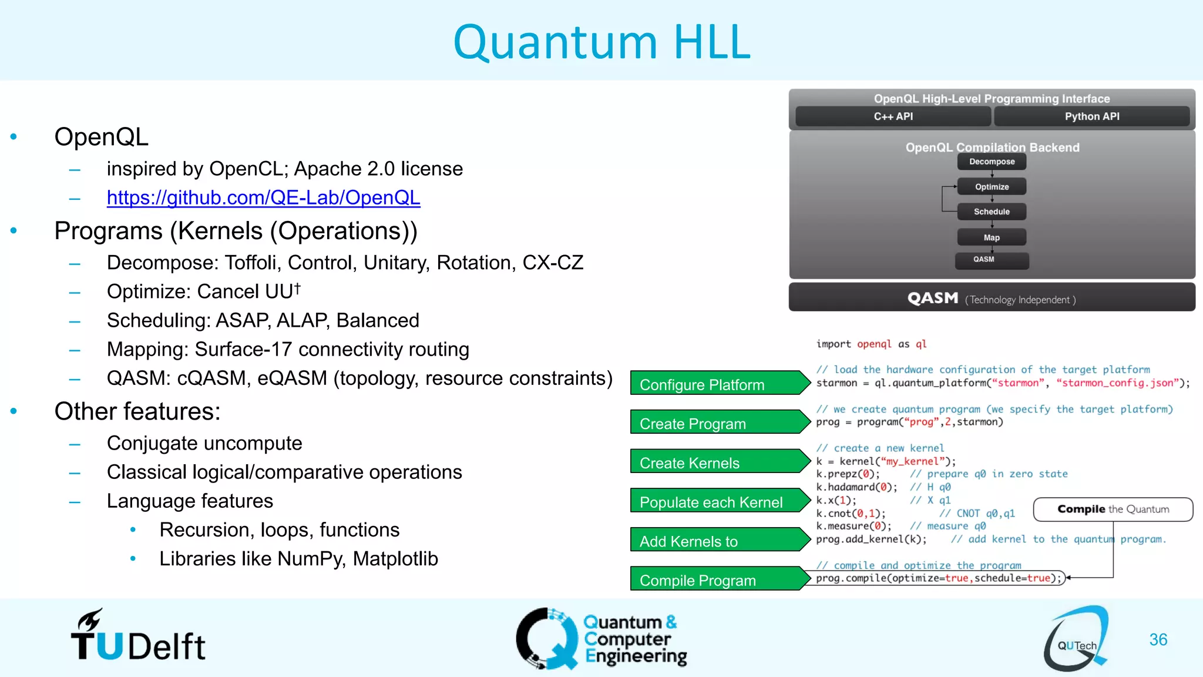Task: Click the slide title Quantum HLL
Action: (601, 42)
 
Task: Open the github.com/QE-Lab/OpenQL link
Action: (263, 198)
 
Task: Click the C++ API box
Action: (893, 116)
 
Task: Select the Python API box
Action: (1091, 116)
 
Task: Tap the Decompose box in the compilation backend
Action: (992, 162)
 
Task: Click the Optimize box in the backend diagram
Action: (992, 187)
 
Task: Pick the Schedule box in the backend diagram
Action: (992, 212)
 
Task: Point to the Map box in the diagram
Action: (992, 237)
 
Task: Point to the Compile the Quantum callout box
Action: (1113, 510)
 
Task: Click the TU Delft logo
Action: (138, 637)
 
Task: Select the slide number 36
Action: (1158, 640)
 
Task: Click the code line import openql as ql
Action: (871, 344)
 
